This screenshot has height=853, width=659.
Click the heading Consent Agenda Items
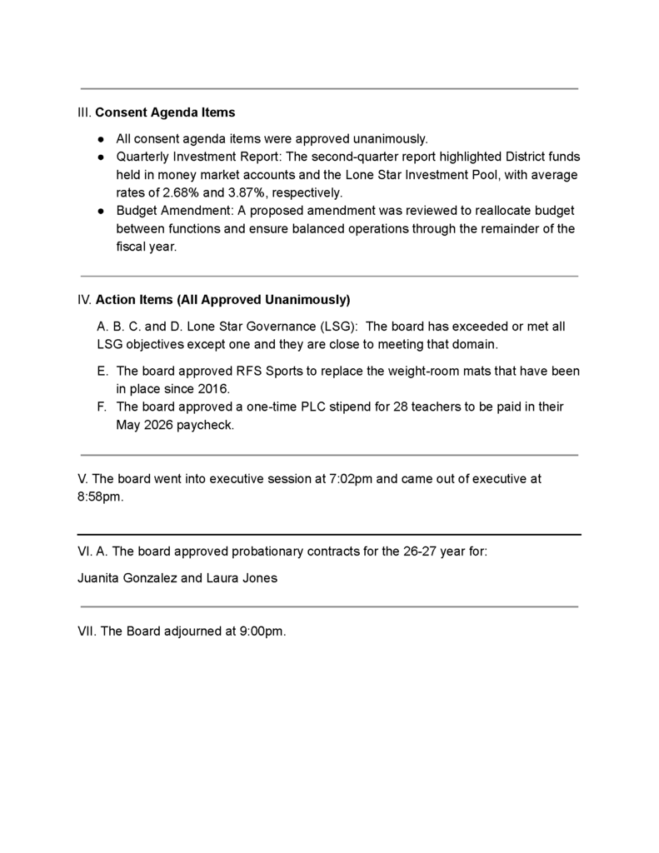point(165,112)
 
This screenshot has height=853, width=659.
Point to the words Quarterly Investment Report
point(199,157)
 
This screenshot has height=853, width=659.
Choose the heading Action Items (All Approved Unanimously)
point(222,300)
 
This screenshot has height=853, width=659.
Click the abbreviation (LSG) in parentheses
point(337,327)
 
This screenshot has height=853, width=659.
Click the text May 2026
point(145,426)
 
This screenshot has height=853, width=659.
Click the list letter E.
point(102,371)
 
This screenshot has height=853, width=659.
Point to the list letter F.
point(102,407)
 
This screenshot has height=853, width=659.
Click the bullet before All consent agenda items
point(100,139)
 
